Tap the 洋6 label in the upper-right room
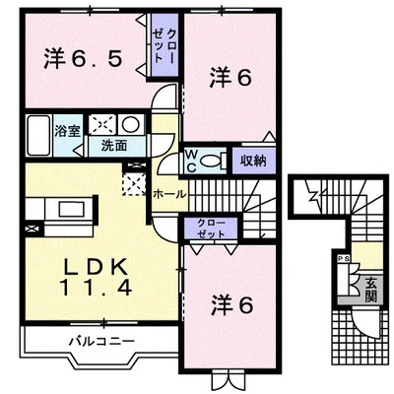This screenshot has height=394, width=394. click(229, 77)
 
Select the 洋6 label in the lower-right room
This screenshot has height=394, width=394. click(230, 305)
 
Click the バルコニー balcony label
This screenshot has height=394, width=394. click(100, 341)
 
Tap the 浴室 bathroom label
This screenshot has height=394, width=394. click(67, 130)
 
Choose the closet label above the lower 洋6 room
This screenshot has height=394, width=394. click(210, 229)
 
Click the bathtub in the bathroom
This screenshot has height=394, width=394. click(38, 132)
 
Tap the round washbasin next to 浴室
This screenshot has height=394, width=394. click(130, 123)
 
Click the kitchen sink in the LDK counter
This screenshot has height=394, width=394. click(70, 210)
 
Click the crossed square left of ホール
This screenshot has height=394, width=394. click(132, 183)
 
